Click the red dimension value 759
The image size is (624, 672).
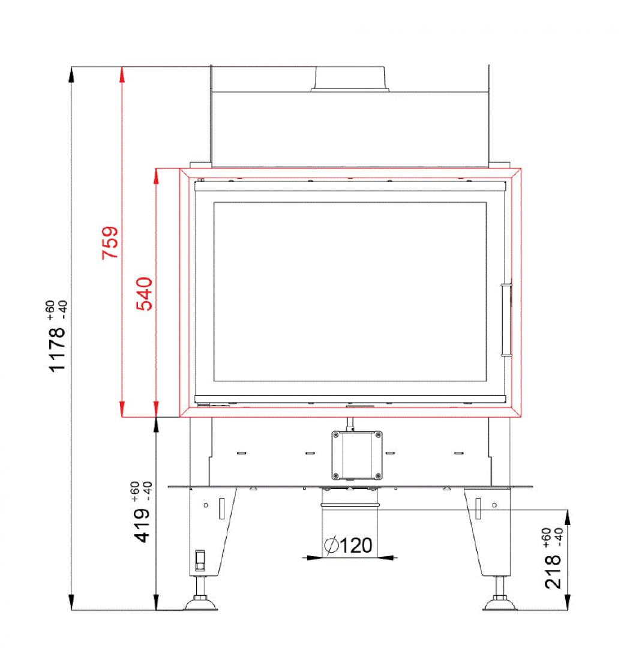coord(110,242)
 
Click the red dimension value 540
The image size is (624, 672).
coord(145,293)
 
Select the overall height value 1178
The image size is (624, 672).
coord(57,349)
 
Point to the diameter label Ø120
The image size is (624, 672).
coord(348,545)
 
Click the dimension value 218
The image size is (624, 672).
coord(553,572)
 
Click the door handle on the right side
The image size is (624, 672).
coord(506,319)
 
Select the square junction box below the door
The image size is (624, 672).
coord(357,455)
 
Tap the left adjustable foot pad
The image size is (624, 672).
coord(200,604)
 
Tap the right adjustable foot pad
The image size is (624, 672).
coord(500,604)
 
